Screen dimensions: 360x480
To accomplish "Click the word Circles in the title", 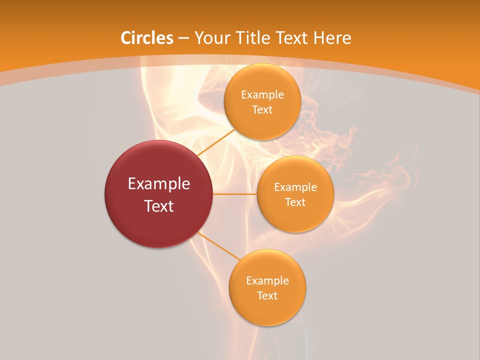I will click(147, 38).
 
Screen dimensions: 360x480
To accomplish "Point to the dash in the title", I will click(183, 38).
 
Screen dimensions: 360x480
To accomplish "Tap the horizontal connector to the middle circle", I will click(235, 194).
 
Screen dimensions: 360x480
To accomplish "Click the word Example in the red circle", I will click(159, 184).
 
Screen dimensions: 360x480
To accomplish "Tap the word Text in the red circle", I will click(159, 206).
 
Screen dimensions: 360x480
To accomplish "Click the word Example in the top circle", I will click(262, 95).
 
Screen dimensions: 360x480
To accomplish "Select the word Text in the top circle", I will click(262, 109).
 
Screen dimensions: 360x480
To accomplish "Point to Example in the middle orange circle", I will click(295, 187).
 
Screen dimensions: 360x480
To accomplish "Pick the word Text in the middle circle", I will click(295, 202).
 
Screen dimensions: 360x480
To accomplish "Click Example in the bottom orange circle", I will click(267, 281).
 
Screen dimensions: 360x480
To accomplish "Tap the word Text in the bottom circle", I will click(267, 295).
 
